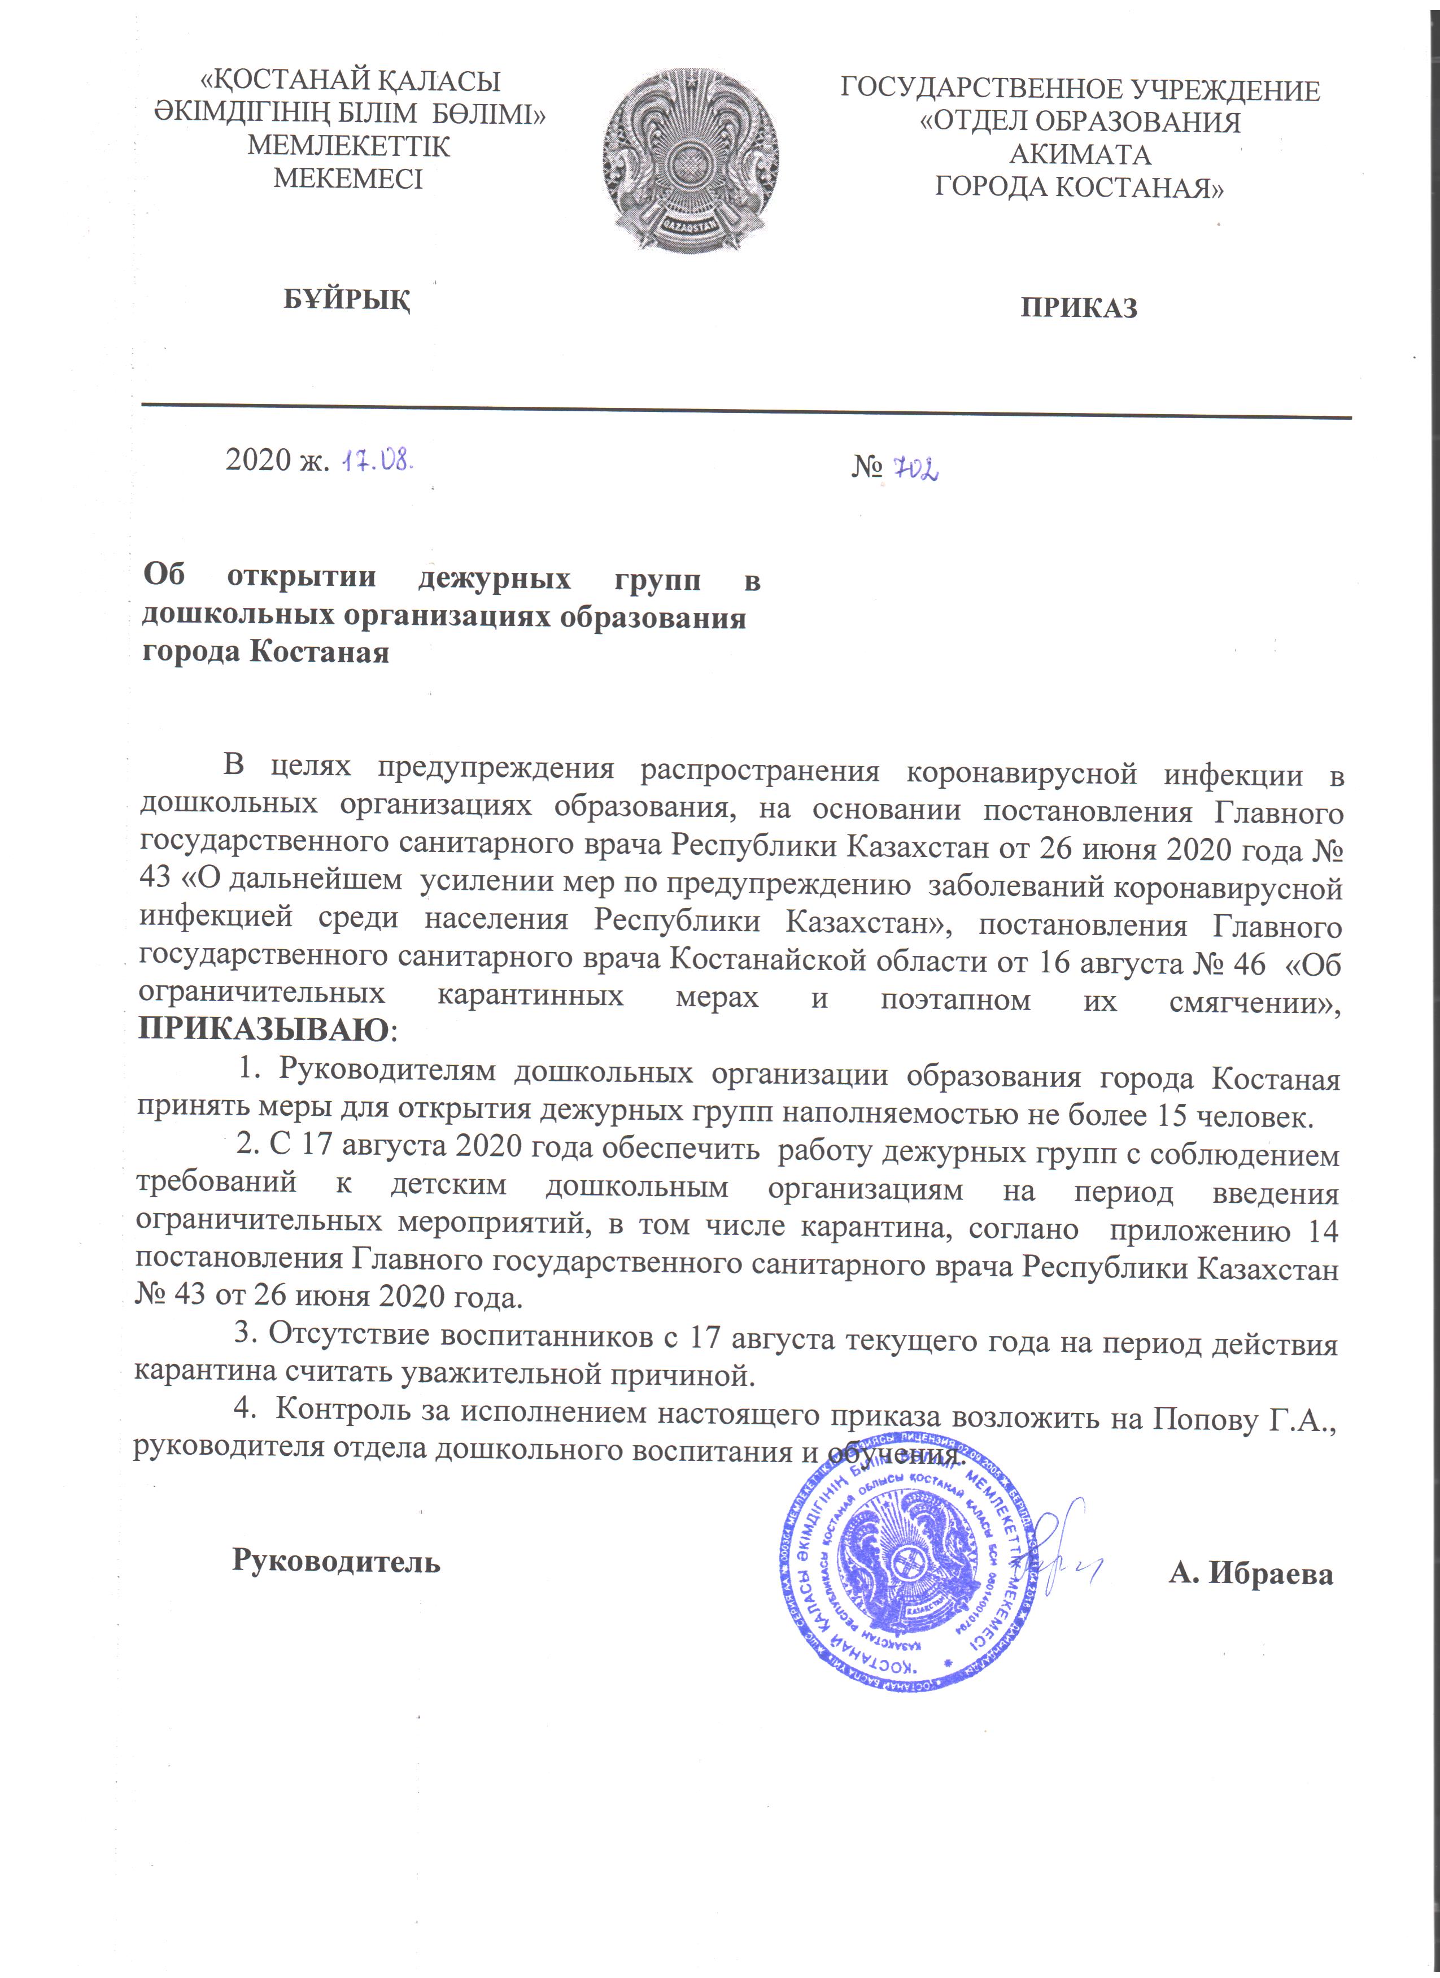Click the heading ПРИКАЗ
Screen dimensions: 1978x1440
[1079, 308]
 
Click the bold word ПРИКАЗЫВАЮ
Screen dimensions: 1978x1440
[264, 1030]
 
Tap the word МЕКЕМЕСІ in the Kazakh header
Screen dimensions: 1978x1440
[348, 179]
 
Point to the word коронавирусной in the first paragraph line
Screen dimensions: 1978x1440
[1022, 773]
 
